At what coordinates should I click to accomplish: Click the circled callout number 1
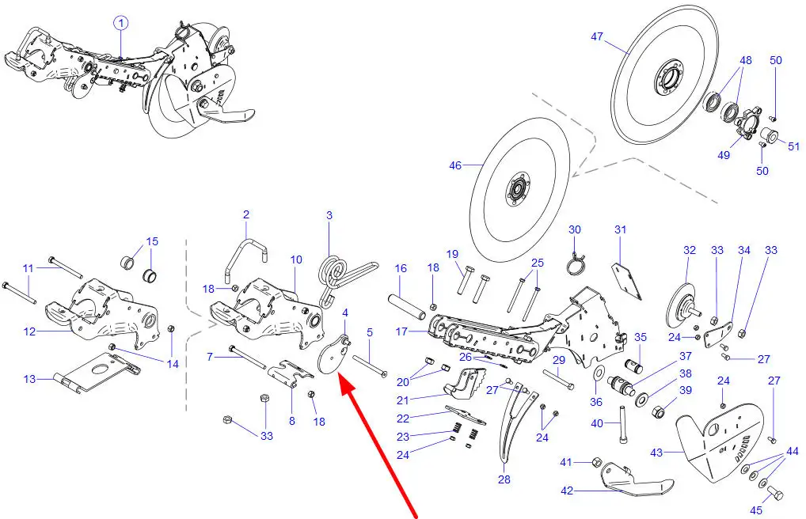121,23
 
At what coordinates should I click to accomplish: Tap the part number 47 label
597,37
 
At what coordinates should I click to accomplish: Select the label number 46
455,165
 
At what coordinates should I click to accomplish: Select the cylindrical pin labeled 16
407,305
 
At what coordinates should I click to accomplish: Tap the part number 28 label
504,479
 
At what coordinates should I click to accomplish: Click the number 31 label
621,229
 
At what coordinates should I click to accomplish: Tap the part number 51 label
793,146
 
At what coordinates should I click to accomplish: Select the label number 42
566,491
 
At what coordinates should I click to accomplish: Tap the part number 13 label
29,379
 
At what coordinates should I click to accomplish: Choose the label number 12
29,332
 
